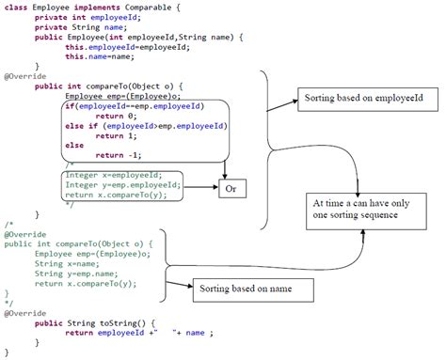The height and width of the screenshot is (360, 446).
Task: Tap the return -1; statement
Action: pos(117,155)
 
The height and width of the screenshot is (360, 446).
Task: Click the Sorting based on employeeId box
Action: pos(357,99)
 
